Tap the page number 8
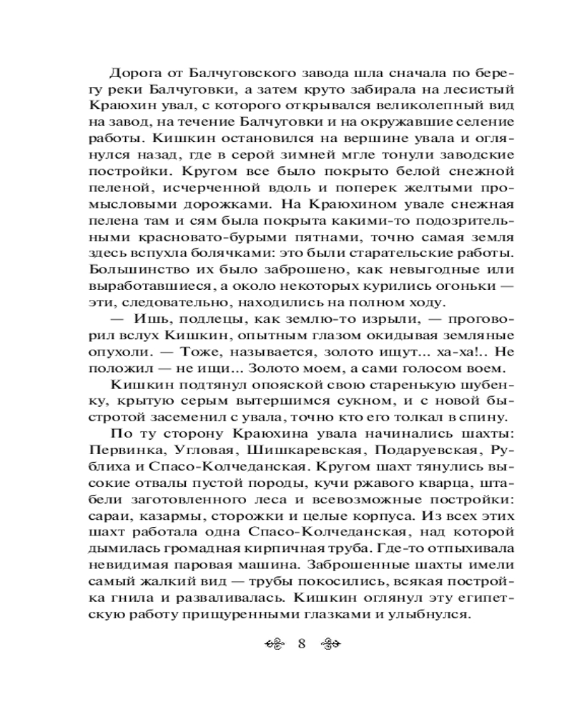[x=301, y=643]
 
